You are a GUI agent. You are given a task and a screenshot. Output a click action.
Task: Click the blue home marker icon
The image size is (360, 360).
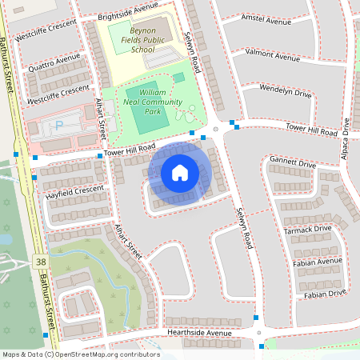click(x=180, y=172)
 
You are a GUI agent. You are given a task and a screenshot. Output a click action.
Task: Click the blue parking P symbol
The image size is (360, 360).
click(x=58, y=126)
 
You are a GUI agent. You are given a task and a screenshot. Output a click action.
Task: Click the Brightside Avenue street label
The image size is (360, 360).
click(x=127, y=9)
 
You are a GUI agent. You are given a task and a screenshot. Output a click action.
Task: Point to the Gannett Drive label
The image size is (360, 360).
click(x=294, y=162)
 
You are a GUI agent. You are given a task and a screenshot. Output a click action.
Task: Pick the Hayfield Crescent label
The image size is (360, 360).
click(x=74, y=190)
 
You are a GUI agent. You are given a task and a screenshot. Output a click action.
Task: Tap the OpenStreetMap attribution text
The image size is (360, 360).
click(x=80, y=354)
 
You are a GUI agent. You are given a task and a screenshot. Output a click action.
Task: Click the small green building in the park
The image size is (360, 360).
click(x=178, y=77)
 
